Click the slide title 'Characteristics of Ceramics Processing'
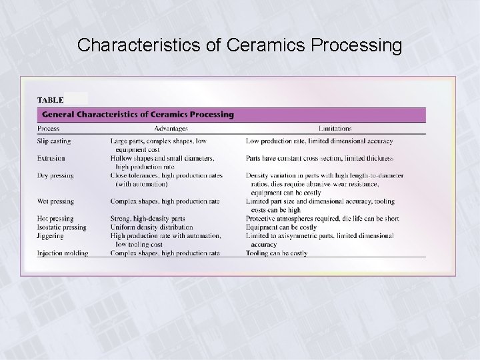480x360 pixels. click(239, 45)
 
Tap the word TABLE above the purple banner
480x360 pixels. click(50, 100)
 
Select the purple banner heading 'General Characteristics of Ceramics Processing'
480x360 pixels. click(139, 115)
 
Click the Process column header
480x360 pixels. click(48, 129)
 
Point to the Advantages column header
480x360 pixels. click(171, 129)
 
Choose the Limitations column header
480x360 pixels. click(335, 129)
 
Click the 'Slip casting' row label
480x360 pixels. click(54, 141)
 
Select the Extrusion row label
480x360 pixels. click(51, 159)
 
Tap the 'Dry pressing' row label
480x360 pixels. click(55, 176)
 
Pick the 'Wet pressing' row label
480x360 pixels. click(55, 201)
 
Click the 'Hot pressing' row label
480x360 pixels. click(55, 219)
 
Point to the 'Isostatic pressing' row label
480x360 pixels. click(62, 227)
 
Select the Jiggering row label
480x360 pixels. click(51, 236)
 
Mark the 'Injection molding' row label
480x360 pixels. click(63, 253)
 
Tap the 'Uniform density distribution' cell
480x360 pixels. click(153, 227)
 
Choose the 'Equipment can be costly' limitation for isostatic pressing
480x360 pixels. click(281, 227)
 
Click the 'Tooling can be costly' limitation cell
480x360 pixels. click(277, 253)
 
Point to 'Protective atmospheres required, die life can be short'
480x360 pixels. click(322, 219)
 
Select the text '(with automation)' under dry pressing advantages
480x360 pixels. click(141, 184)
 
